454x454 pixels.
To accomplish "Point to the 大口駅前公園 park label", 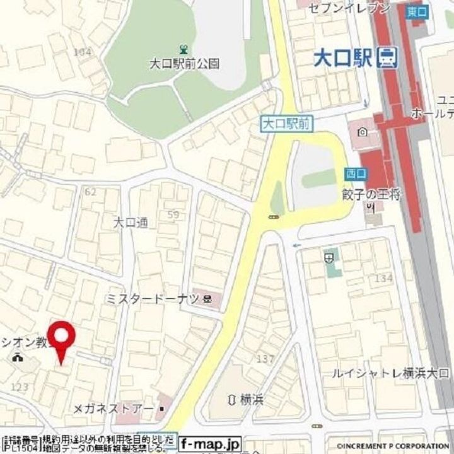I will point(184,63).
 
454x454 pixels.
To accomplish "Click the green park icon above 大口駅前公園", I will point(183,49).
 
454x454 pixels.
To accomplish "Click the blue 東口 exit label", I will point(416,13).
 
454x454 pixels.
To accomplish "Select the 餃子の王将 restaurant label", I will point(372,194).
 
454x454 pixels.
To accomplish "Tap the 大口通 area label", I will point(130,222).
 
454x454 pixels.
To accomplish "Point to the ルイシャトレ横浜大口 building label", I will point(391,373).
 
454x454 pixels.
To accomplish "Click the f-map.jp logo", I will point(202,443).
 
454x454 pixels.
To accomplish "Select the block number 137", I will point(265,359).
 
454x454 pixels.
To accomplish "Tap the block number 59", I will point(173,215).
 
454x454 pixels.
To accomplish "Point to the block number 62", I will point(90,190).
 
